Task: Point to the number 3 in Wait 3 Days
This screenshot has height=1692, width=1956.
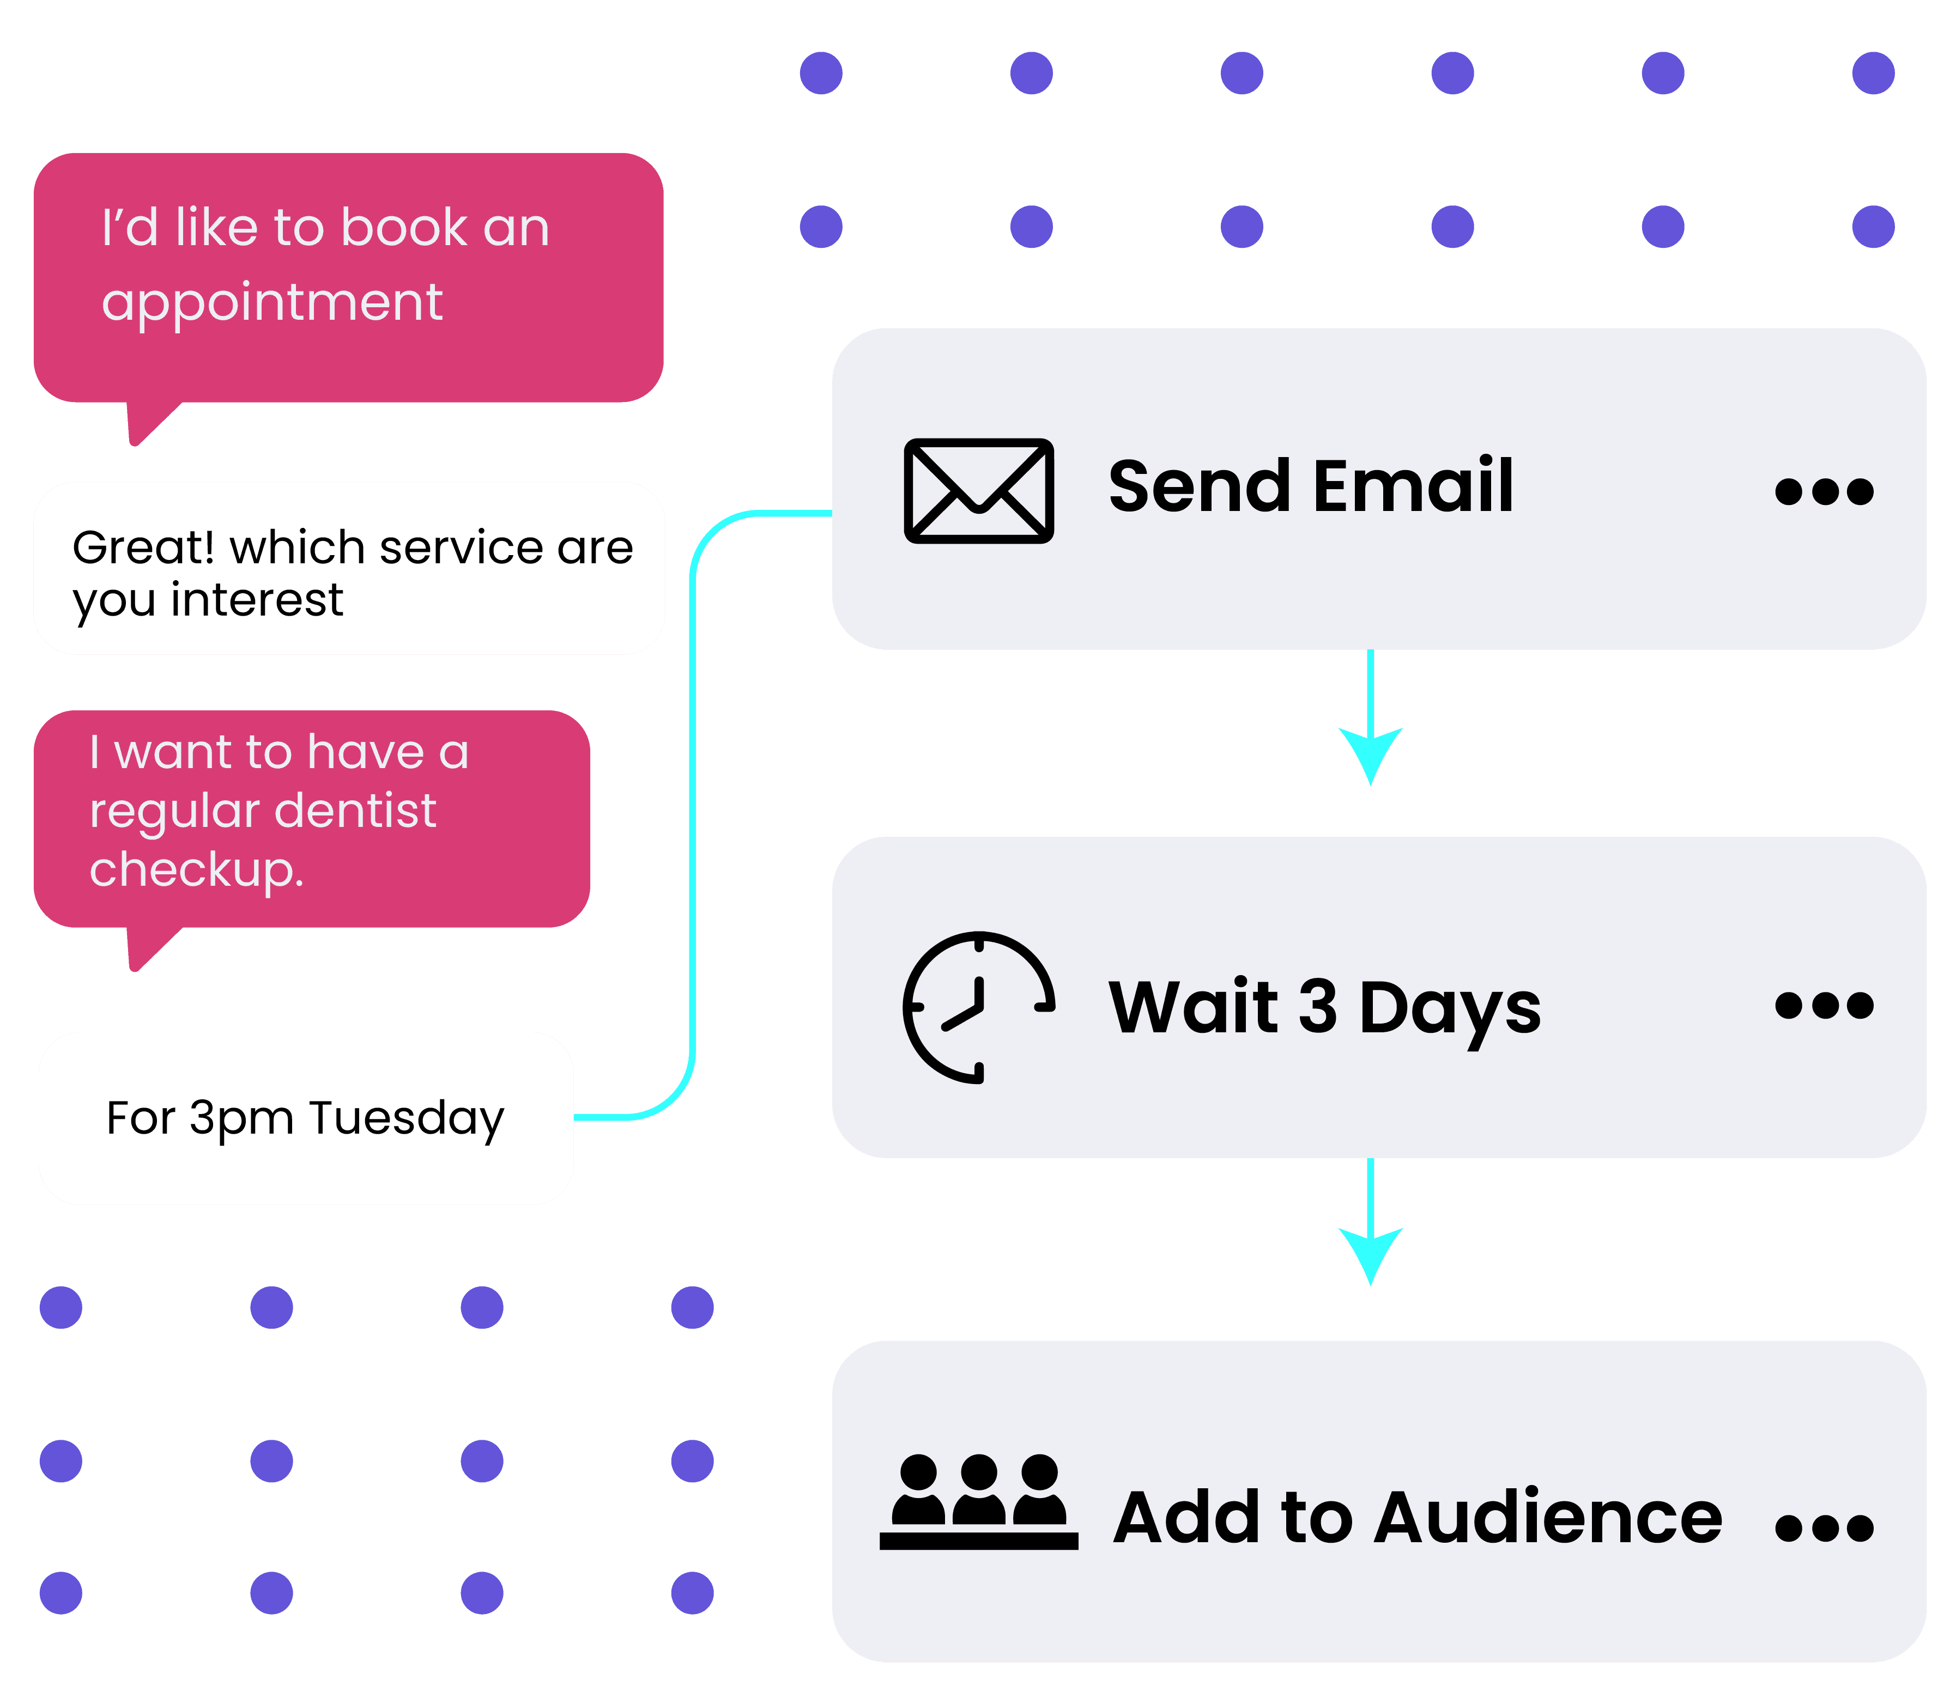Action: point(1318,1007)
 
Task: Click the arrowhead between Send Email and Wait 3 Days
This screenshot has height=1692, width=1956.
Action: point(1371,756)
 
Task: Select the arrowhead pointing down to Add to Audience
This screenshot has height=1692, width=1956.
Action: point(1371,1256)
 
